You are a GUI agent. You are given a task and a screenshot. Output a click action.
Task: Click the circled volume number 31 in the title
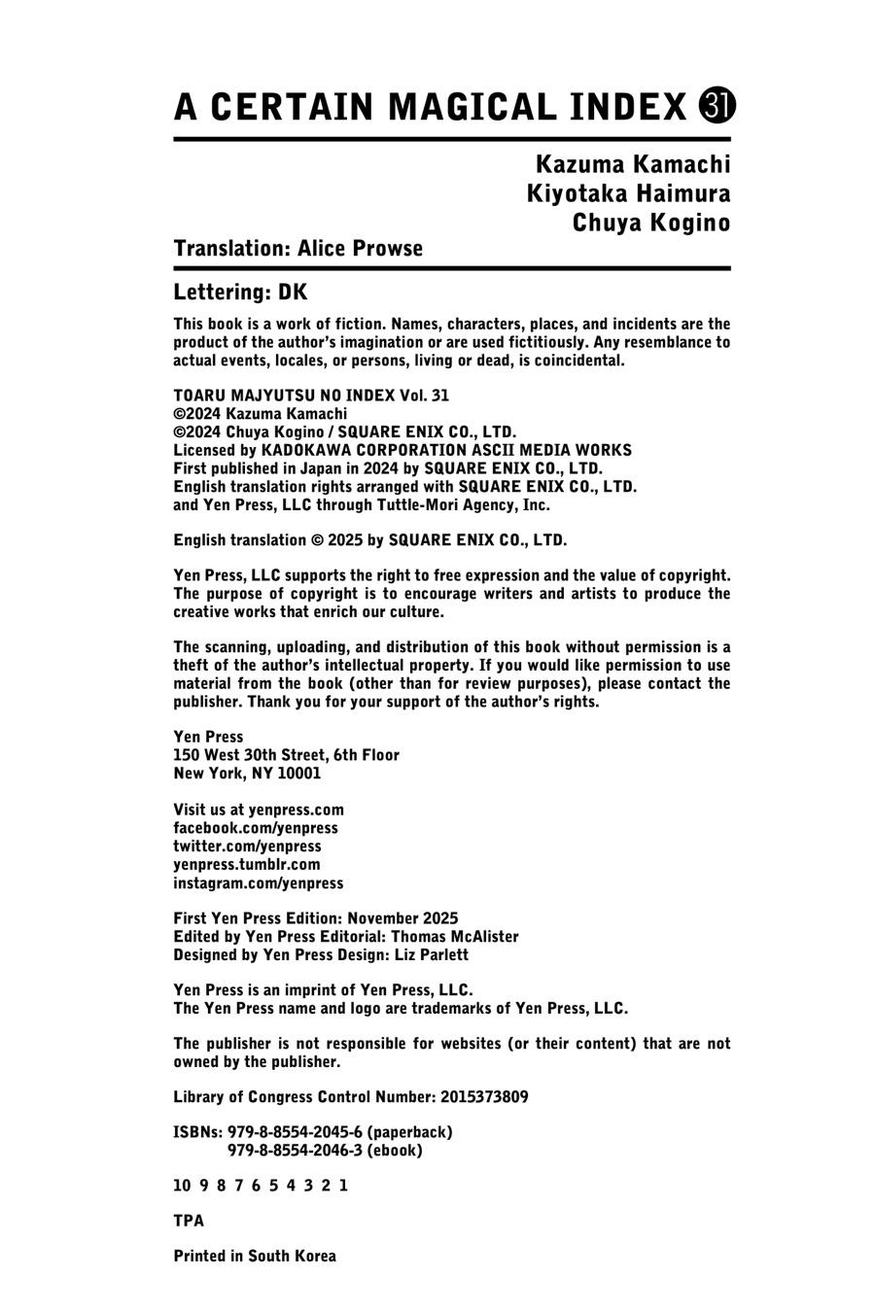coord(717,106)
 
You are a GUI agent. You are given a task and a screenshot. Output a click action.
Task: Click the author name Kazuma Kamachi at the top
coord(632,163)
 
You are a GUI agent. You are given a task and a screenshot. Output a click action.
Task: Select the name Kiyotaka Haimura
coord(628,193)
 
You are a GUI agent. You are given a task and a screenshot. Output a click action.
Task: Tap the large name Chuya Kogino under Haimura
coord(650,223)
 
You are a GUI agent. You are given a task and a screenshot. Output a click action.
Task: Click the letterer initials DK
coord(293,293)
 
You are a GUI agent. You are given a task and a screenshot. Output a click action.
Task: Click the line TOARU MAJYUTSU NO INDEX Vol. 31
coord(311,396)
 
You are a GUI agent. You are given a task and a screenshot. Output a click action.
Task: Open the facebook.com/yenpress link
coord(256,828)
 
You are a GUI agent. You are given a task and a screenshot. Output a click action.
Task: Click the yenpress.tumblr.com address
coord(247,864)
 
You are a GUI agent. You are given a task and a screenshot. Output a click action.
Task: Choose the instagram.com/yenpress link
coord(259,883)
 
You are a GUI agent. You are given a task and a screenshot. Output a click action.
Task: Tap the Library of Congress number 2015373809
coord(484,1097)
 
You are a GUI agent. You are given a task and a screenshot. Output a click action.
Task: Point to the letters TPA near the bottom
coord(189,1221)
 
